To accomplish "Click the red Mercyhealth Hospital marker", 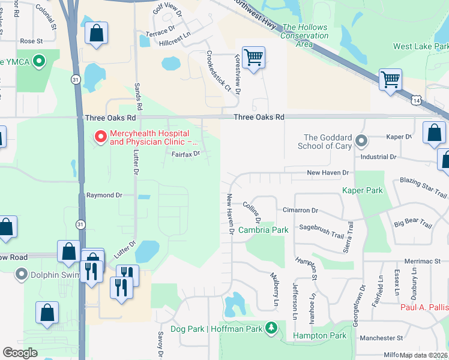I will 100,137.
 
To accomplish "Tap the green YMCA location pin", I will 40,61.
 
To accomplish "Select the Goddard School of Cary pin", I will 361,142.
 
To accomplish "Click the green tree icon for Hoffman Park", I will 271,328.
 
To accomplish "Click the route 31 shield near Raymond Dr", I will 80,224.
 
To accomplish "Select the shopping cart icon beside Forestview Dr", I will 254,58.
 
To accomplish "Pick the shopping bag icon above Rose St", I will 96,34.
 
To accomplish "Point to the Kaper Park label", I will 362,190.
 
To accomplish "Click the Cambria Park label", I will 263,230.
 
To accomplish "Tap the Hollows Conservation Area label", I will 305,35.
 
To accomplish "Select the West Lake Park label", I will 420,46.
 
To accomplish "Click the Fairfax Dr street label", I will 185,154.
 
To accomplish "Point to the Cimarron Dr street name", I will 300,211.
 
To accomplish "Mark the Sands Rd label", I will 139,96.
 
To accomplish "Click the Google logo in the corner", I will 20,352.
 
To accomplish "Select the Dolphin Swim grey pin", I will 22,275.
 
